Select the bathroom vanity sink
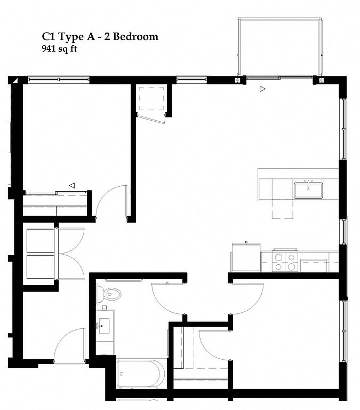click(104, 326)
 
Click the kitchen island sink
click(308, 190)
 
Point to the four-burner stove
click(285, 261)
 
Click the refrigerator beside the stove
click(246, 257)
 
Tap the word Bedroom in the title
click(135, 37)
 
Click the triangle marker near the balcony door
click(262, 89)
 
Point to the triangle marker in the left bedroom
click(72, 185)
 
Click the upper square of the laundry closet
click(41, 241)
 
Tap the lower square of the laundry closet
click(41, 267)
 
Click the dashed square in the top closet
click(151, 98)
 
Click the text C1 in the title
click(49, 37)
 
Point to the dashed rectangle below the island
click(283, 209)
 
